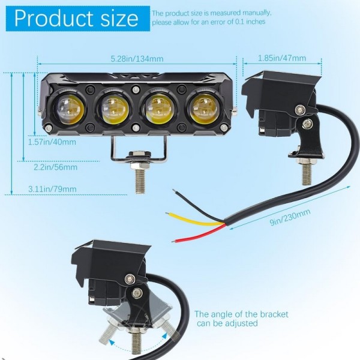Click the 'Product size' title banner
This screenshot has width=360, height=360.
(77, 19)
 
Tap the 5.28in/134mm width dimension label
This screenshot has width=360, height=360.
(137, 59)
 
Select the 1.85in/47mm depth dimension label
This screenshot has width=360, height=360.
(282, 58)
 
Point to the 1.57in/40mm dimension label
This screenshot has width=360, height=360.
(52, 142)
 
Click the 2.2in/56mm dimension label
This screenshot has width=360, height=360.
(56, 167)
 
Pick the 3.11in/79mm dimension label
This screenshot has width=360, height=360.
(52, 189)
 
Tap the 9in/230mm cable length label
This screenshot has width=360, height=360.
(290, 217)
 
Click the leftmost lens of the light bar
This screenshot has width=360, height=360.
(68, 109)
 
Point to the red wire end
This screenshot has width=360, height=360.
(174, 241)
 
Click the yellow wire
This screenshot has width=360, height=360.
(194, 219)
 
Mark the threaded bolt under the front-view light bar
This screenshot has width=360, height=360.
(140, 178)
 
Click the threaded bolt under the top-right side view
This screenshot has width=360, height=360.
(306, 173)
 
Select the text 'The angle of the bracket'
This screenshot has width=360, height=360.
(241, 314)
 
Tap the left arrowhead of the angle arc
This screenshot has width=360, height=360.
(112, 343)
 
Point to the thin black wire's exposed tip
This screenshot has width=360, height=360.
(174, 190)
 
